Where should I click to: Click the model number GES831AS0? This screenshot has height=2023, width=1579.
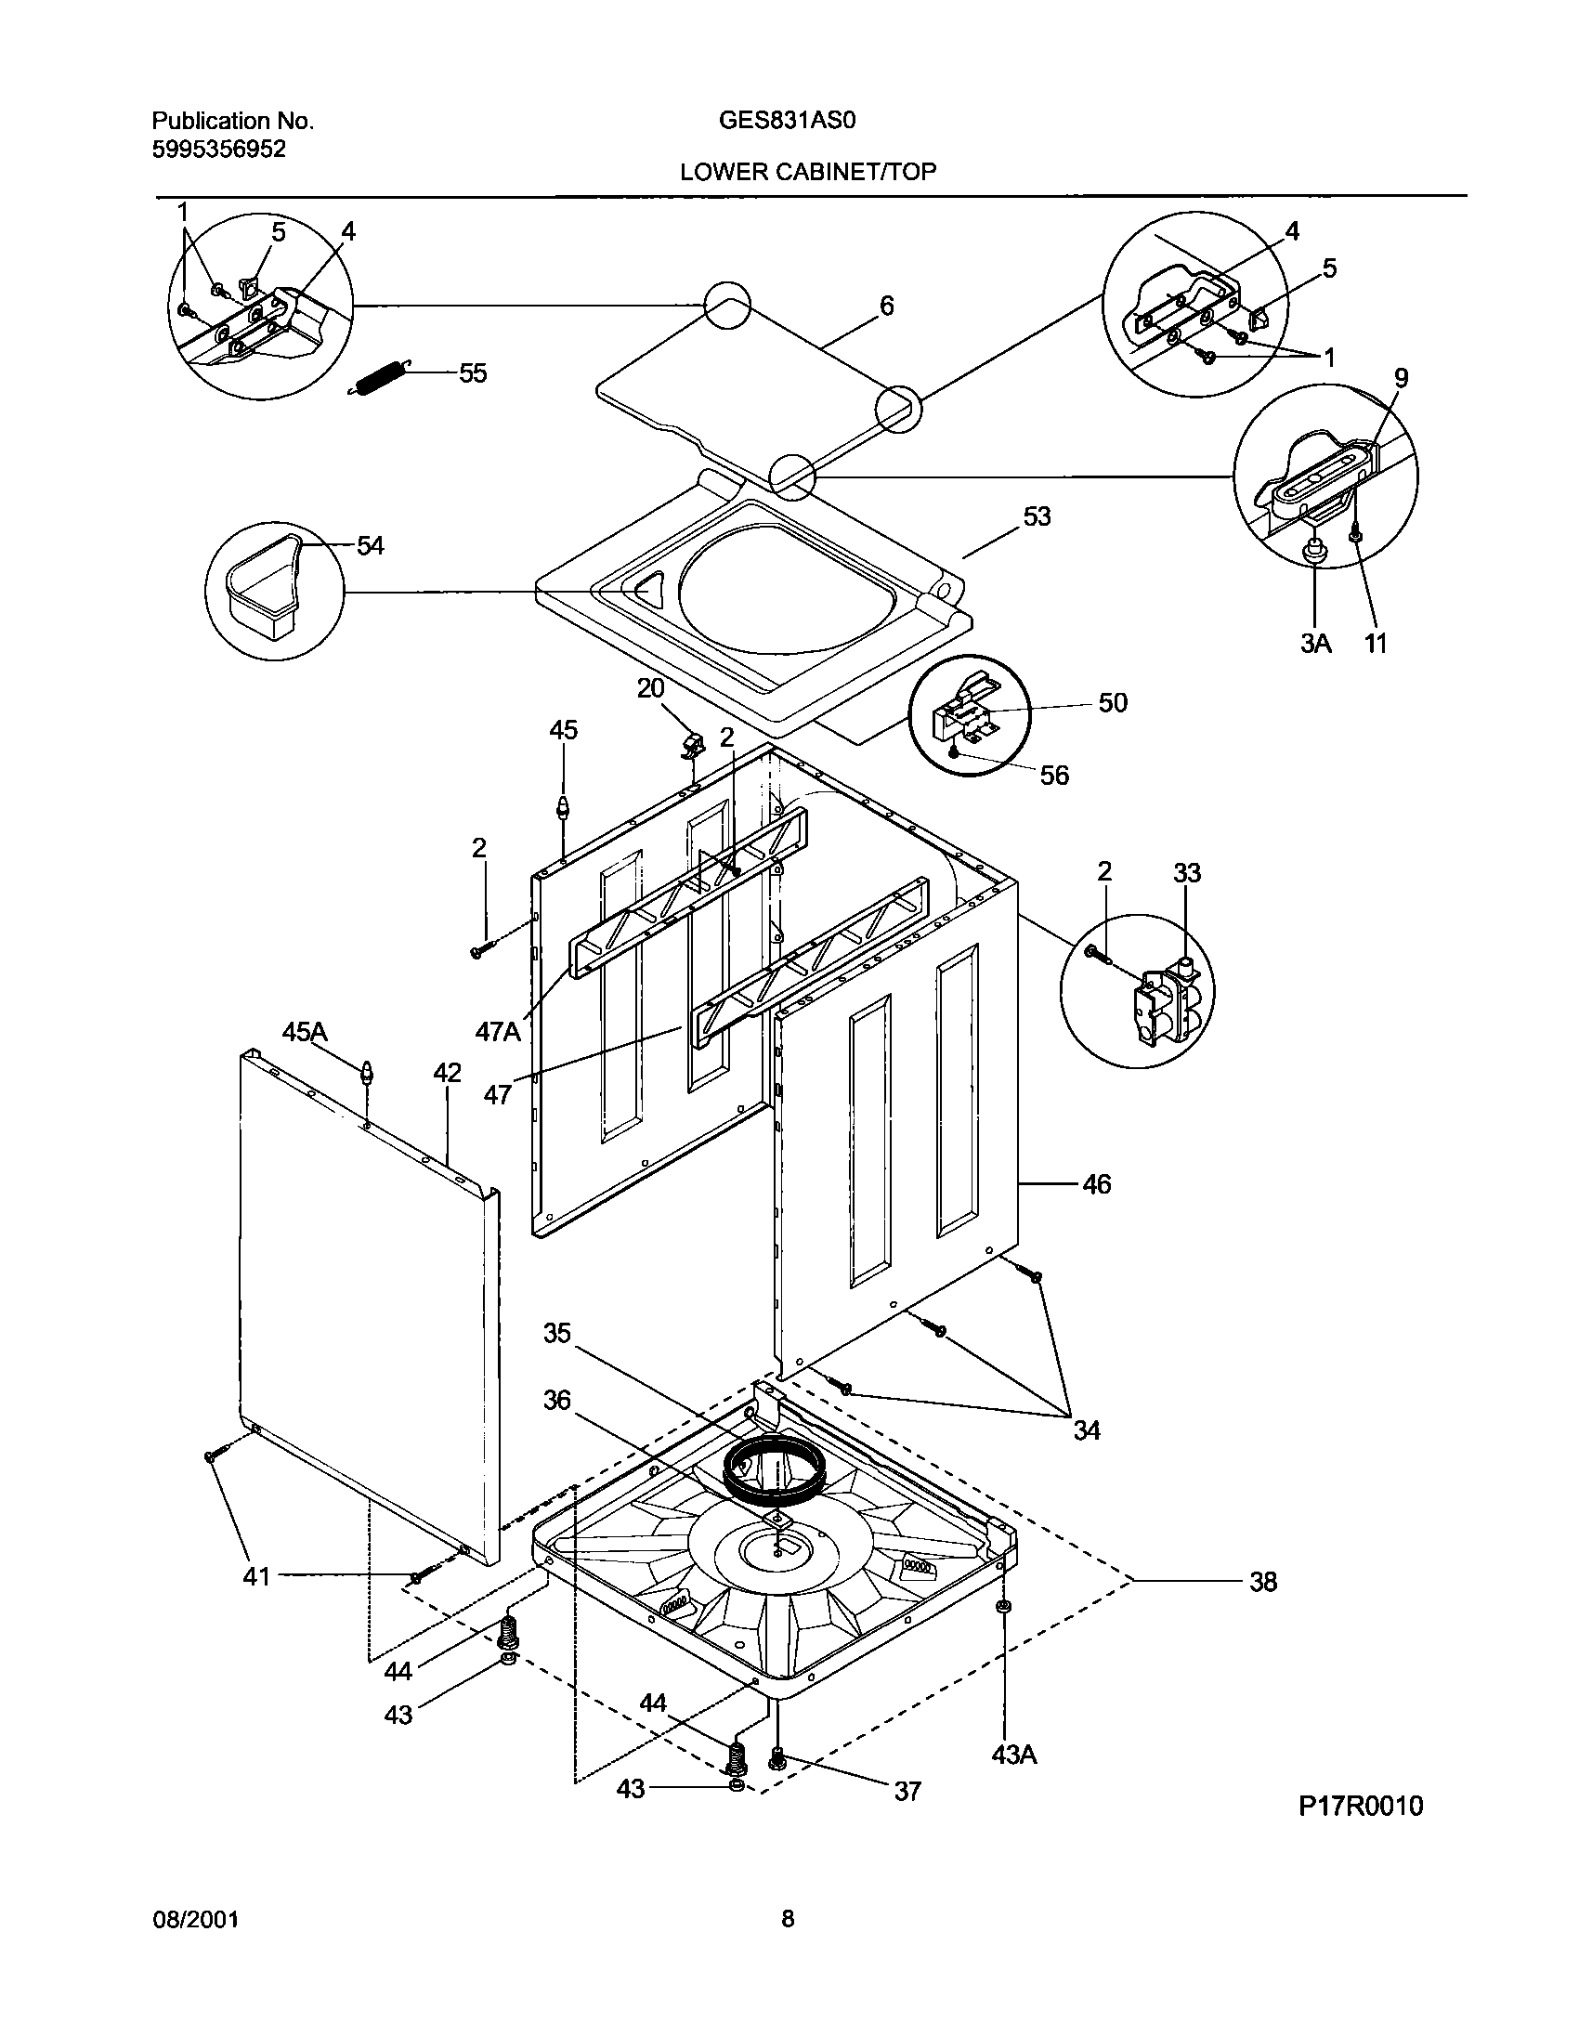click(789, 121)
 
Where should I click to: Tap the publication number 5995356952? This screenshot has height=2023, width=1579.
click(218, 149)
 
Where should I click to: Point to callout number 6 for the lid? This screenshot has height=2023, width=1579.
click(886, 306)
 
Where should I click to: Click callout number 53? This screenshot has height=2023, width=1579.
click(1037, 516)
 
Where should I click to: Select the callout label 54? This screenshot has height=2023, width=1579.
click(370, 545)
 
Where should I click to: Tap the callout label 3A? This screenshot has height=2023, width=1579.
click(1315, 643)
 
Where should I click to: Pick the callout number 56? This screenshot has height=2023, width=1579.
click(1054, 775)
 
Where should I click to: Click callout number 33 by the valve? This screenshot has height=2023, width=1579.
click(1187, 873)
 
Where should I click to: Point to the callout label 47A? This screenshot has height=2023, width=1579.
click(499, 1031)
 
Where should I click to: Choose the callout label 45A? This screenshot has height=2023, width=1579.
click(305, 1032)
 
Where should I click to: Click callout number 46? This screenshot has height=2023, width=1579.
click(1096, 1184)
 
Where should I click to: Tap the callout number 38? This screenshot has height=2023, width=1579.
click(1262, 1582)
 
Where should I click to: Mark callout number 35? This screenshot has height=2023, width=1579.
click(557, 1334)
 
